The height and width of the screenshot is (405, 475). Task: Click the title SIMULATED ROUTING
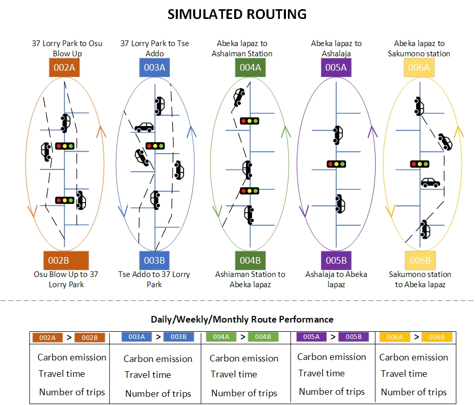click(237, 14)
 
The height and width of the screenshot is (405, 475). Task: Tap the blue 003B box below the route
click(154, 260)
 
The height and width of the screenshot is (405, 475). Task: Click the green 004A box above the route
click(250, 68)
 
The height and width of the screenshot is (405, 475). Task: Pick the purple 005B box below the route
click(336, 260)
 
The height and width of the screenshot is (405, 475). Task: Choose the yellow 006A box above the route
click(419, 68)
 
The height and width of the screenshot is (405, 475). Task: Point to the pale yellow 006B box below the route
click(420, 260)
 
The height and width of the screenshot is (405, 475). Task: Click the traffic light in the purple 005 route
click(336, 164)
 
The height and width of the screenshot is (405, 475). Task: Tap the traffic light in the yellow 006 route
click(420, 164)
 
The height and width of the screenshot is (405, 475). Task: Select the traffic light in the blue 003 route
click(155, 146)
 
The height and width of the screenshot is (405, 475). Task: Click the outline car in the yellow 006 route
click(430, 182)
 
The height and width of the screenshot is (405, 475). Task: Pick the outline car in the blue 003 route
click(144, 126)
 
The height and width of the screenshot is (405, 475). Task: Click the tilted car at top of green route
click(239, 96)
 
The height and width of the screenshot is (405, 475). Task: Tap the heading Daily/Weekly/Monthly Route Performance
click(242, 319)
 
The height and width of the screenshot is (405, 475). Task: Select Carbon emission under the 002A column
click(72, 357)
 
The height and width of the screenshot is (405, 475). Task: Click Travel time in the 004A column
click(234, 375)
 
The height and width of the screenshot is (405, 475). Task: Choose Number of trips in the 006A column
click(414, 393)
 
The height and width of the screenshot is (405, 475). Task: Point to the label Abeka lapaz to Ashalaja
click(336, 49)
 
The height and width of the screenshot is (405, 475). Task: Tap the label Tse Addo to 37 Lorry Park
click(154, 280)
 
